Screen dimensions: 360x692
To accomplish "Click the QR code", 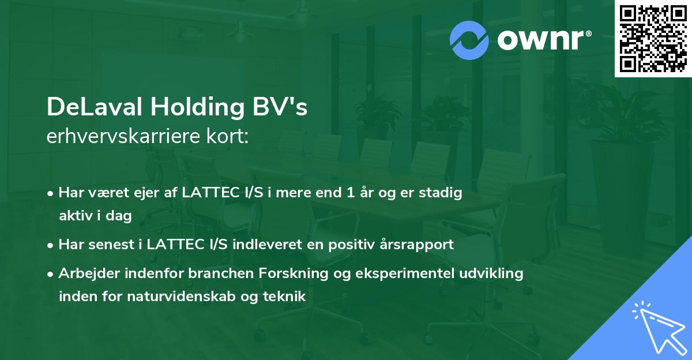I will tap(653, 39).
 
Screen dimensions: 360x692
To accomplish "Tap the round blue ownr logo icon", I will tap(469, 40).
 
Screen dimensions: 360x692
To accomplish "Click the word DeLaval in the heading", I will tap(95, 107).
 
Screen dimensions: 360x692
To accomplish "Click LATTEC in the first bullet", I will tap(206, 193).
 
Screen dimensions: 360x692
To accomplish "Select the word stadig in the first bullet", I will tap(442, 193).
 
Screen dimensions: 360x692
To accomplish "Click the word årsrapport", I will tap(419, 245).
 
